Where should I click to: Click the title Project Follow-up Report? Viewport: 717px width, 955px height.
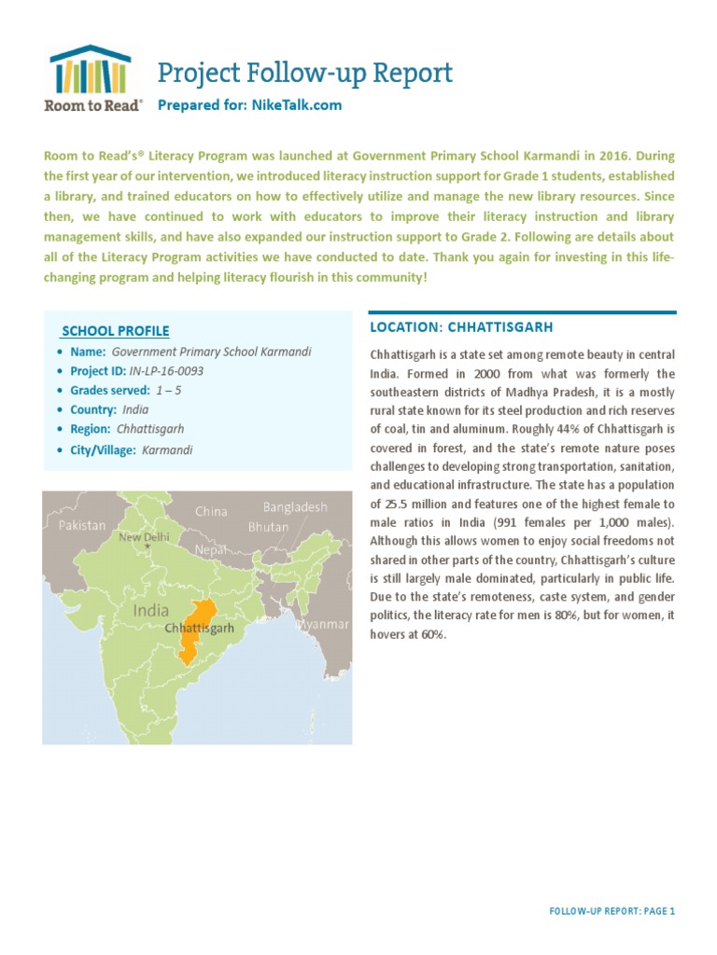click(x=304, y=73)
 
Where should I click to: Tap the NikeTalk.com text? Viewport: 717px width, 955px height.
click(x=297, y=105)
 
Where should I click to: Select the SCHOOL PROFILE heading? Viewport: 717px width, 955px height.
click(x=116, y=331)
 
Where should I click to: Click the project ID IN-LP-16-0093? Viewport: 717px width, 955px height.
click(x=166, y=371)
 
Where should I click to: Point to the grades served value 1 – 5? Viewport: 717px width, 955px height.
click(x=169, y=391)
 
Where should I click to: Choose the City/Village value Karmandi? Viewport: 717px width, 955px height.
click(x=167, y=450)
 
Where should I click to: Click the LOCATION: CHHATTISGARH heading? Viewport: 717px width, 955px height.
click(x=461, y=327)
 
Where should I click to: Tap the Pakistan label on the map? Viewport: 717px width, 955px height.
click(x=82, y=525)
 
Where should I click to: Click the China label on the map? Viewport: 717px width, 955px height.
click(x=211, y=511)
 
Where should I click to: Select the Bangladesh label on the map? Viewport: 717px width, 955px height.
click(x=295, y=507)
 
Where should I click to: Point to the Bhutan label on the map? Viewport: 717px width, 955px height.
click(x=268, y=527)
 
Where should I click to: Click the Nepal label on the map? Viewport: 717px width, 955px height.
click(x=210, y=550)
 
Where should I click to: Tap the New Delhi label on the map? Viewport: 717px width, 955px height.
click(x=144, y=537)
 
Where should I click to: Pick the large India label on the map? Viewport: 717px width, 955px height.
click(x=151, y=611)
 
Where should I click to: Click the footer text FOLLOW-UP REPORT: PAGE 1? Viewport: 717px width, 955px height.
click(x=612, y=911)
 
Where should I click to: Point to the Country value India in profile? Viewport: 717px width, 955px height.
click(x=135, y=410)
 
